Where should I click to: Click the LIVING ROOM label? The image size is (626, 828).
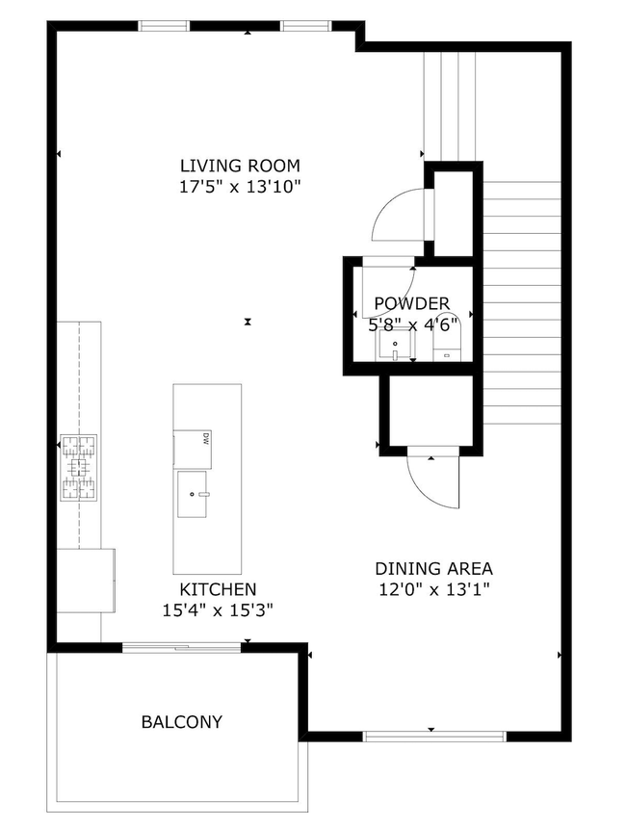[240, 166]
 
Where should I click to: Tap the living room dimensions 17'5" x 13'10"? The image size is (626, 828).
[240, 187]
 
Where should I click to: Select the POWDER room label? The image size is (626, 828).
[411, 303]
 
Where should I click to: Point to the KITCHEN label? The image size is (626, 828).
[218, 589]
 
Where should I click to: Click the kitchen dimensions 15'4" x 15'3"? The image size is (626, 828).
[218, 610]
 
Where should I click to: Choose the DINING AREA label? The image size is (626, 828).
[433, 569]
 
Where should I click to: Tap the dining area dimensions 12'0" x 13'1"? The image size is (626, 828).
[433, 589]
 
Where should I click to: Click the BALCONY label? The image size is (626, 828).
[182, 722]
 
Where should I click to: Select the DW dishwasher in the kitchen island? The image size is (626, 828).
[193, 449]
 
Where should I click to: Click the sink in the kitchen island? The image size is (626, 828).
[194, 494]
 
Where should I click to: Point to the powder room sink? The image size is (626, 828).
[395, 345]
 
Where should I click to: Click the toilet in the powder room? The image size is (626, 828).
[447, 338]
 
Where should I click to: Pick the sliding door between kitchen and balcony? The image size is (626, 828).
[182, 647]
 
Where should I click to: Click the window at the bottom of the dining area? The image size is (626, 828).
[434, 737]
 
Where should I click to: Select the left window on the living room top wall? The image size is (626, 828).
[164, 26]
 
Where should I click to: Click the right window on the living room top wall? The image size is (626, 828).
[306, 26]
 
